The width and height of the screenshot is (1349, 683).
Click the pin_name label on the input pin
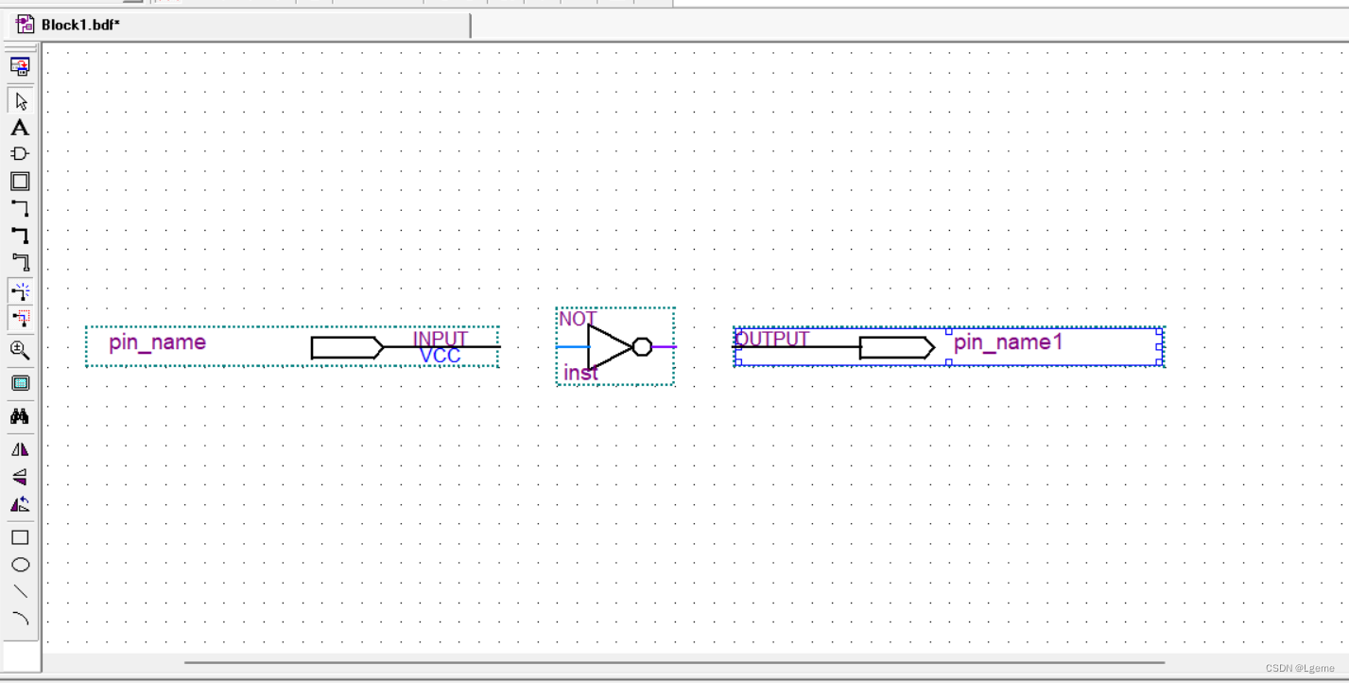(x=157, y=342)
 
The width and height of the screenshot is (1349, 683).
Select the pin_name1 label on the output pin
(x=1008, y=342)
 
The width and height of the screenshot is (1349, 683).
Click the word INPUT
(x=441, y=339)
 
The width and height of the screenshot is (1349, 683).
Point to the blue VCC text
(x=441, y=357)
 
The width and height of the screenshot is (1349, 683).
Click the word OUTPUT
(x=772, y=339)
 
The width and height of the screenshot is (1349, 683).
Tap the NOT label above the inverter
(x=577, y=319)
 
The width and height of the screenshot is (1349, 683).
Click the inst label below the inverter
(x=580, y=374)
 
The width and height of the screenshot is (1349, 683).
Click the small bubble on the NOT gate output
(x=642, y=347)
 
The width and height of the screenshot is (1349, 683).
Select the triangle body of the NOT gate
(x=607, y=347)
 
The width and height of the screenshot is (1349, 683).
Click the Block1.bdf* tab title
(x=80, y=25)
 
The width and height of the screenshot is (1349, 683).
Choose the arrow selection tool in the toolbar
(x=20, y=101)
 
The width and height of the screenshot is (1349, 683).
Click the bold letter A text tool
(x=20, y=128)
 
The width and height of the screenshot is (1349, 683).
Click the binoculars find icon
(x=20, y=416)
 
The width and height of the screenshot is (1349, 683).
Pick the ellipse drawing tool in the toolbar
(x=20, y=565)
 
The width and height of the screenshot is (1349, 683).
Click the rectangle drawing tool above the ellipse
(x=20, y=537)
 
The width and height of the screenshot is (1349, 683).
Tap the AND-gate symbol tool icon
(x=20, y=154)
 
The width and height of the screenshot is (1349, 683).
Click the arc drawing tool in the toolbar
(x=20, y=619)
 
